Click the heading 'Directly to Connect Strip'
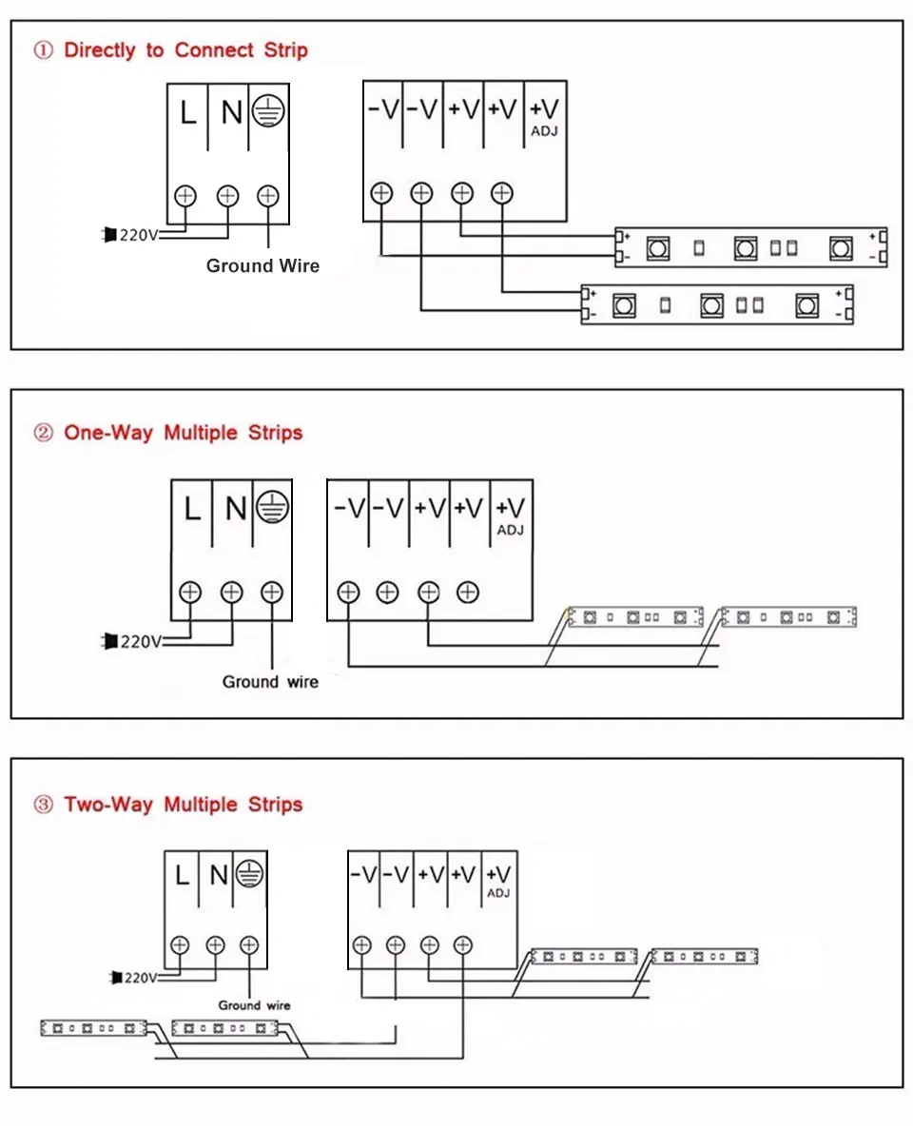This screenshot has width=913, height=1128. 185,51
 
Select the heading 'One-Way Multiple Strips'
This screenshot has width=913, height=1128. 183,434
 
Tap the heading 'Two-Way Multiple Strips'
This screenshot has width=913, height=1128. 183,805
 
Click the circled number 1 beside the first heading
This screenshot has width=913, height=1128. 44,51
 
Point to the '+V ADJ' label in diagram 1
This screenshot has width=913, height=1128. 544,116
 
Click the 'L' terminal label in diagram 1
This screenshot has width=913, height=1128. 188,114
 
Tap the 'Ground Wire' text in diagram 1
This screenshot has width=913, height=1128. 262,266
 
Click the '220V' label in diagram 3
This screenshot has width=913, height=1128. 140,977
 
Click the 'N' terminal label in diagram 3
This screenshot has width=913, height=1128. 219,873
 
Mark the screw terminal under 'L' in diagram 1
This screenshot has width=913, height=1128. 185,196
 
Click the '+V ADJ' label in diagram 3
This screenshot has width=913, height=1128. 498,879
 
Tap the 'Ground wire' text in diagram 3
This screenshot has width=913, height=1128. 254,1005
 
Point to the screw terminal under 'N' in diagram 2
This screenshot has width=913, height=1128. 231,593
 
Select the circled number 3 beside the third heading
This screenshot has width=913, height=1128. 44,805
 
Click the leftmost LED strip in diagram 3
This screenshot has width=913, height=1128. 93,1028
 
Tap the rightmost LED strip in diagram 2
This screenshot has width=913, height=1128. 788,617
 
